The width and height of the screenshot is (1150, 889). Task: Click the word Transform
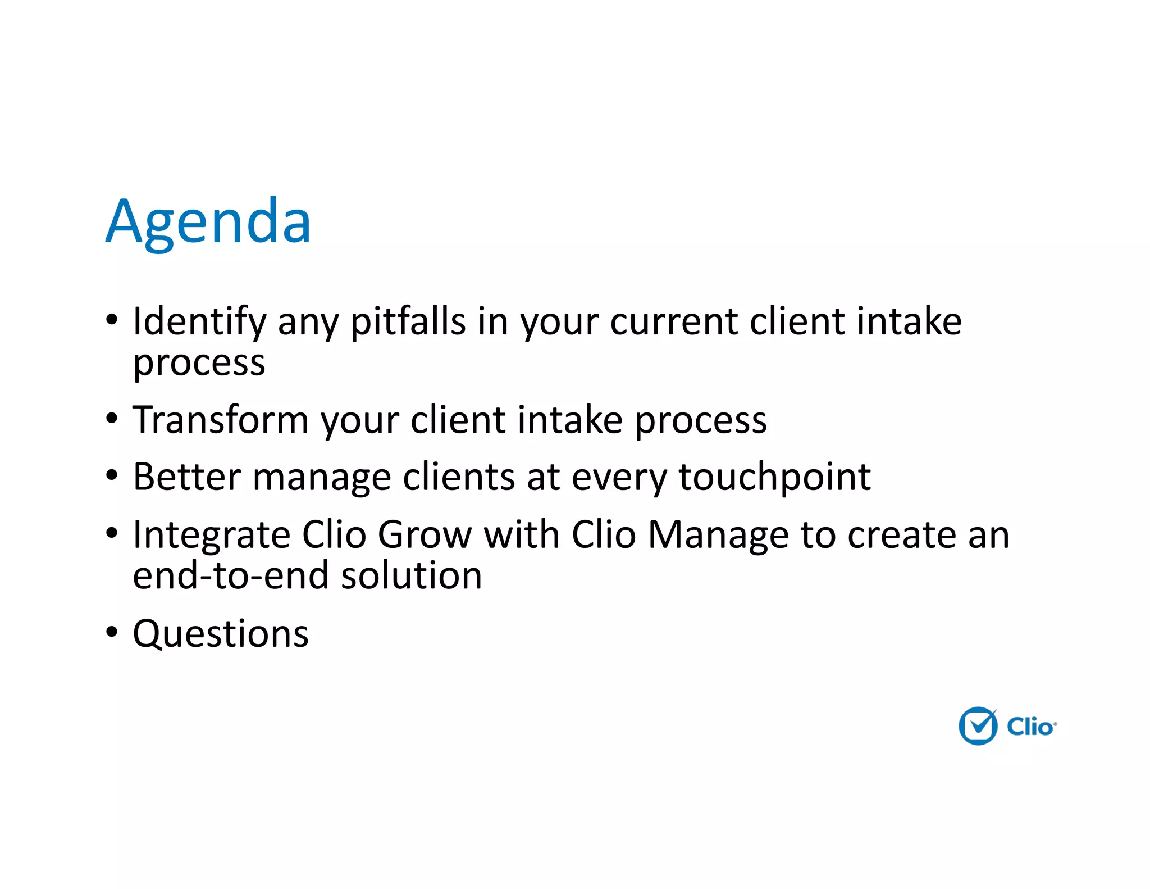click(220, 420)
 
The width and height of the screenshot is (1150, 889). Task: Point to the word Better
click(186, 477)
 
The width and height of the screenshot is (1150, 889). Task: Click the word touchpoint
click(774, 477)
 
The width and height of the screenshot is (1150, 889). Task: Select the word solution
click(412, 576)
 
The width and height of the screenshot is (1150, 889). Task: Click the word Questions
click(221, 634)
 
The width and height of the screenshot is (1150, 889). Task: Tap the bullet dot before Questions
click(112, 632)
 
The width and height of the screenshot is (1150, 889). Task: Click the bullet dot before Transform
click(112, 418)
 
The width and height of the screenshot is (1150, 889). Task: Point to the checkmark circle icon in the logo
click(978, 726)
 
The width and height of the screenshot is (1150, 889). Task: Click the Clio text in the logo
click(1030, 727)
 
